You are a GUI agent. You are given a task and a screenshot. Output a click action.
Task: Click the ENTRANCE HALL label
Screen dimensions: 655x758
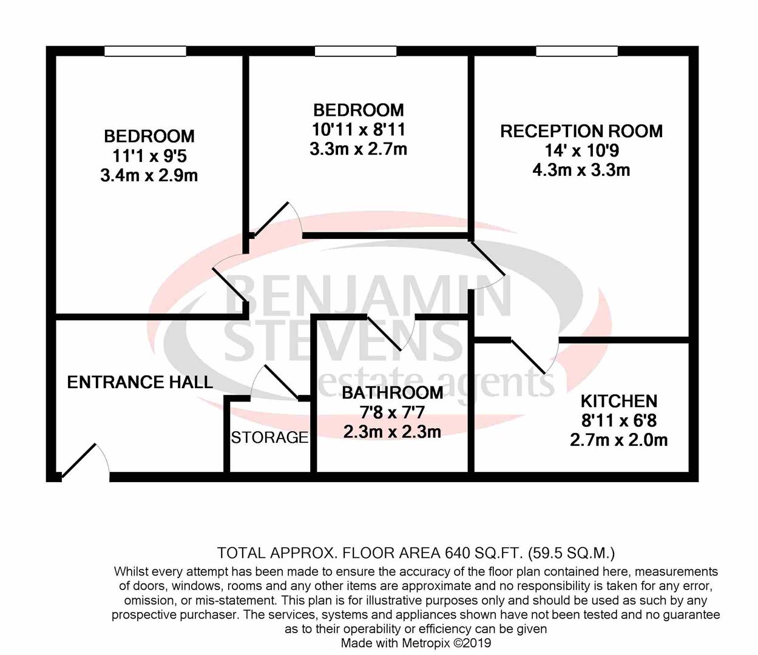click(x=140, y=382)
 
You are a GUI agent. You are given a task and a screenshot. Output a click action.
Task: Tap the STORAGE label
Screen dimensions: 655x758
click(x=269, y=437)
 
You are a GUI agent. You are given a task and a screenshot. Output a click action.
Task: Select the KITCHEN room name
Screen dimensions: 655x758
click(x=618, y=401)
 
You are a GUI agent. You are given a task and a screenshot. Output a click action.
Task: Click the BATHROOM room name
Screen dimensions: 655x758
click(x=392, y=393)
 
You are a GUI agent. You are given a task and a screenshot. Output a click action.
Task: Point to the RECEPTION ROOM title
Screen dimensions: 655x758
click(x=581, y=131)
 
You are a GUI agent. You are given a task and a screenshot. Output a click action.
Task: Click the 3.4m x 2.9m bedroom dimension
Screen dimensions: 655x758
click(x=149, y=176)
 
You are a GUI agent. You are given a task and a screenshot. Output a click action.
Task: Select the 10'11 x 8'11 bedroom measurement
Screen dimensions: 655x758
click(x=358, y=129)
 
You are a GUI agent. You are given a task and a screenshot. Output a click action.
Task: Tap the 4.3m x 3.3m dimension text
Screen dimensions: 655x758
click(x=581, y=170)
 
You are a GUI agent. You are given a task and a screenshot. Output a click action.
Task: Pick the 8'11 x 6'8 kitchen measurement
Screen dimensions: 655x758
click(x=618, y=420)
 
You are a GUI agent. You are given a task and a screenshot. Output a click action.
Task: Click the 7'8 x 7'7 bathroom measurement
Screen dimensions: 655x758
click(x=392, y=413)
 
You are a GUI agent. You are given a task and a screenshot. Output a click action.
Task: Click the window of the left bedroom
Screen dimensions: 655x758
click(x=145, y=52)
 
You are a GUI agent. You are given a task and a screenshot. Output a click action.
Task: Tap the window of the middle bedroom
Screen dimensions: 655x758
click(x=356, y=52)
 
